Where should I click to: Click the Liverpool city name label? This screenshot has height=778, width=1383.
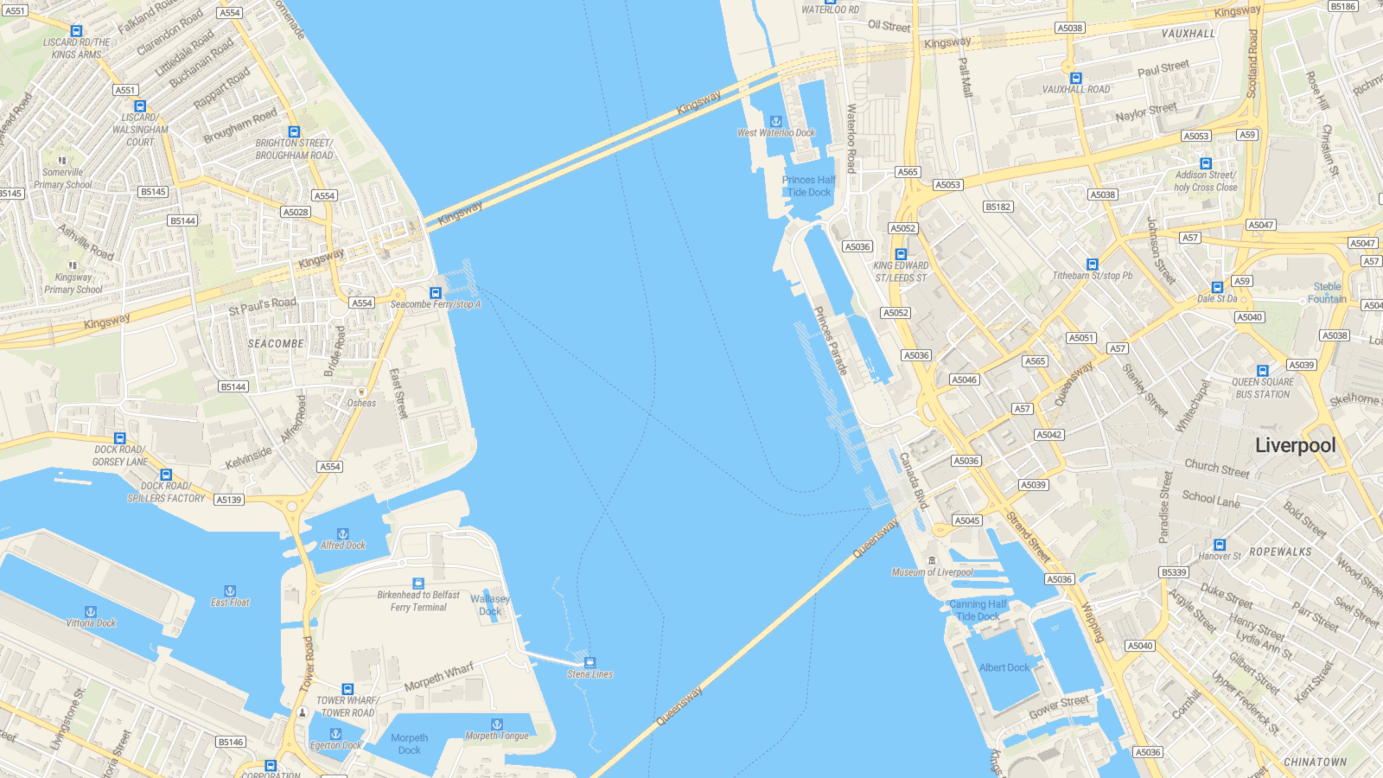(x=1295, y=445)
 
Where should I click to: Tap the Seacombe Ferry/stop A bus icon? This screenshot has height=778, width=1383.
(x=436, y=293)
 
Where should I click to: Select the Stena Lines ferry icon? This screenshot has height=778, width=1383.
(x=590, y=663)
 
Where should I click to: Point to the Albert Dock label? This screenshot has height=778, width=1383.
(x=1004, y=667)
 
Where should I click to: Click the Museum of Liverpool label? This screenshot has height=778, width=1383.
(x=933, y=572)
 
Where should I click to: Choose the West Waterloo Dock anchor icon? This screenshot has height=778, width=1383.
(x=775, y=122)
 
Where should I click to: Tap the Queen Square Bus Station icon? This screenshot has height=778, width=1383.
(x=1262, y=370)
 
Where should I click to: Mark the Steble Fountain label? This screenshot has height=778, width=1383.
(x=1327, y=293)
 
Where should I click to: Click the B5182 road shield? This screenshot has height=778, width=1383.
(x=998, y=207)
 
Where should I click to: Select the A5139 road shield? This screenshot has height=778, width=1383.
(x=229, y=500)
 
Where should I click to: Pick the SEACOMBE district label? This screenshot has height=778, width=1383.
(x=276, y=343)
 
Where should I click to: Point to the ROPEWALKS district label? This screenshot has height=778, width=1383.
(x=1280, y=552)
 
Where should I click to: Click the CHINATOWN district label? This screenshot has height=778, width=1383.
(x=1315, y=762)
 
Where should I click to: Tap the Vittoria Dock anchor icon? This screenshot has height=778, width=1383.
(x=91, y=611)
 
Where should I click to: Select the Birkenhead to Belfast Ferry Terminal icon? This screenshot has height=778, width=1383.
(x=418, y=583)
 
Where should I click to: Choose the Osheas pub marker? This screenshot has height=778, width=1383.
(x=361, y=392)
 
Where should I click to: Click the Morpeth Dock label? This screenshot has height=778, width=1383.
(x=409, y=743)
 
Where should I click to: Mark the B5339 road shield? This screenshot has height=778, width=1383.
(x=1174, y=572)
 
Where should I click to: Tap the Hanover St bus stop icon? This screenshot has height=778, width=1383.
(x=1220, y=545)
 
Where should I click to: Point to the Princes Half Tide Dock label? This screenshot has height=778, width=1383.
(x=808, y=186)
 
